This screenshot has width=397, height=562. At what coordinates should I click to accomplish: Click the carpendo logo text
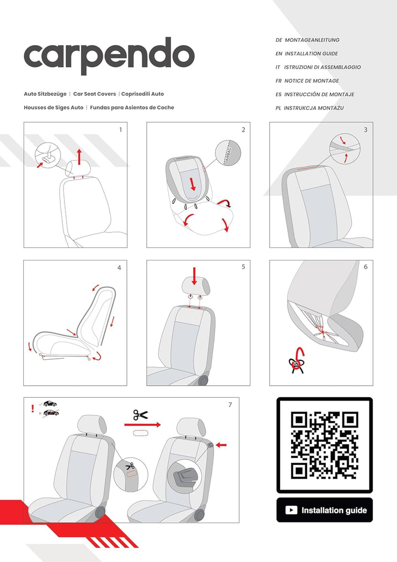[109, 56]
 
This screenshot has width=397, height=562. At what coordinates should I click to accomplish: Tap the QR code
[324, 445]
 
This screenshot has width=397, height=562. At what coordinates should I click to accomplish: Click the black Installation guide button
[324, 510]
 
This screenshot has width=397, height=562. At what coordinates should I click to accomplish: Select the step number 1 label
[120, 130]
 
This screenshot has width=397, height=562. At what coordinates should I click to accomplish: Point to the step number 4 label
[119, 268]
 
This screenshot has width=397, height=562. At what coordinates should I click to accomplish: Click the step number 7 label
[230, 405]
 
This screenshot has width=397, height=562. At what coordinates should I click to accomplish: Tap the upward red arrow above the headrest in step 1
[79, 156]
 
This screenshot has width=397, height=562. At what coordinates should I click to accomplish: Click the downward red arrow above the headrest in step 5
[194, 275]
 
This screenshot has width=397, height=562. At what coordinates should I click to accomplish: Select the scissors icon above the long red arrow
[140, 415]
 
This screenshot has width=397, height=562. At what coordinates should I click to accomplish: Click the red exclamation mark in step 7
[33, 409]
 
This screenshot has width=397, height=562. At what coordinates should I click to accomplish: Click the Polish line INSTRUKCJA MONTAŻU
[313, 108]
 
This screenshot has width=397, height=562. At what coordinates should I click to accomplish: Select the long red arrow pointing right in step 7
[142, 425]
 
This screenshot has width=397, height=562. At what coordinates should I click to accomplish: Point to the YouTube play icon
[291, 510]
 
